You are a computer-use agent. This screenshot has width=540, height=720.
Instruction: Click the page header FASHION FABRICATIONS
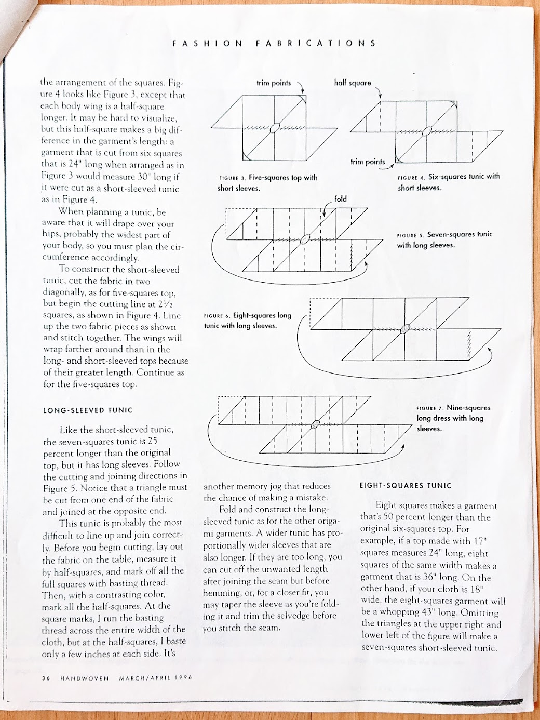click(274, 43)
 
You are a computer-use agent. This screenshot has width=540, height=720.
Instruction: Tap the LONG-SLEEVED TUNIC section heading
click(88, 410)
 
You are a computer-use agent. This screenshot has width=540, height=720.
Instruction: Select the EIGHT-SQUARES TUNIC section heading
click(406, 486)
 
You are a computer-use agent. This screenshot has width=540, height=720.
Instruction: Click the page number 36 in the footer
click(46, 678)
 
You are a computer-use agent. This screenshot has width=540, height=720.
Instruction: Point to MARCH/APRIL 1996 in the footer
click(156, 678)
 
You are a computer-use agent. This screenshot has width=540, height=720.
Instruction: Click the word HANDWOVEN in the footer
click(84, 678)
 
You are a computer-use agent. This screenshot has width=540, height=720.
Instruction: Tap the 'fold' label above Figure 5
click(341, 199)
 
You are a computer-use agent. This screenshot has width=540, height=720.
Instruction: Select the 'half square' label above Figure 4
click(353, 83)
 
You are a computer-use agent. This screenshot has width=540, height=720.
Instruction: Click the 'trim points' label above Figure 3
click(274, 83)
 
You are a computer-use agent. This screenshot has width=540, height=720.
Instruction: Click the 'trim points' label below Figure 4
click(367, 162)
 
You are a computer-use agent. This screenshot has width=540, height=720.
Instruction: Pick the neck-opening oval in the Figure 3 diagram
click(276, 126)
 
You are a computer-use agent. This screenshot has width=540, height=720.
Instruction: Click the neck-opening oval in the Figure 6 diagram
click(405, 328)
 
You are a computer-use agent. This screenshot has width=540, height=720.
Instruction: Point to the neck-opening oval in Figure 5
click(306, 238)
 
